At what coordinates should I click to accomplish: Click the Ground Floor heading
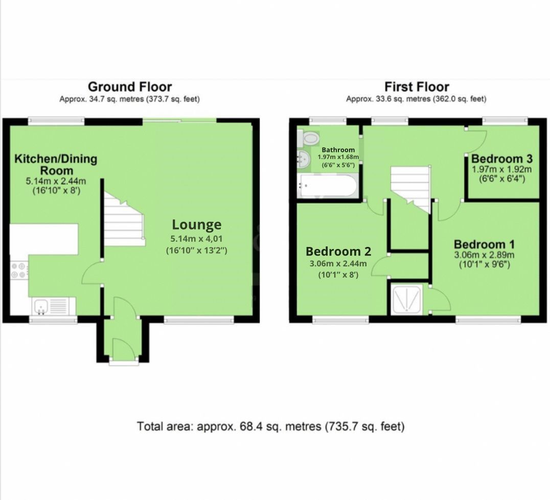click(x=129, y=87)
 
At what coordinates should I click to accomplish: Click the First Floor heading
click(x=417, y=87)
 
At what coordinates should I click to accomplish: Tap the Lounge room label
click(x=196, y=224)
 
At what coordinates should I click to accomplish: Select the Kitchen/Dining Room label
click(x=55, y=164)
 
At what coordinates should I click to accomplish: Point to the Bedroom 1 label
click(x=484, y=244)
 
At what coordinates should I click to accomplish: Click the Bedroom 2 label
click(x=338, y=252)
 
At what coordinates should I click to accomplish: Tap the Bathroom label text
click(x=338, y=150)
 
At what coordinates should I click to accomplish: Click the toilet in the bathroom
click(x=310, y=137)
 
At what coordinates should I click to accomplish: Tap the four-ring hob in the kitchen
click(x=18, y=269)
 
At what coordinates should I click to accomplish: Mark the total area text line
click(x=270, y=426)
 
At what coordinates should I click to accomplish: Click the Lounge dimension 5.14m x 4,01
click(x=196, y=238)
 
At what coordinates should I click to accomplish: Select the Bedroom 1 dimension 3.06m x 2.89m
click(x=484, y=255)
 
